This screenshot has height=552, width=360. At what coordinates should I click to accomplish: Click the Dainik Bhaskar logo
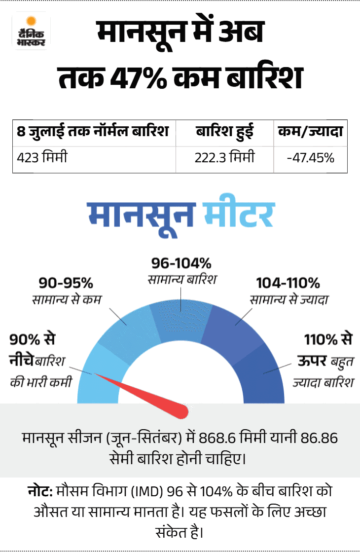[31, 32]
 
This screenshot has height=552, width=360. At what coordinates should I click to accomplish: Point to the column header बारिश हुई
[224, 132]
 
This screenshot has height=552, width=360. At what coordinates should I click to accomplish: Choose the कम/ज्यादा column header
[310, 131]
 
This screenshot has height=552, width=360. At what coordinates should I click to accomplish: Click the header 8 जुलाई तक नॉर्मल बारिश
[93, 131]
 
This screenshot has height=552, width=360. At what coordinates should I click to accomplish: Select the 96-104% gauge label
[181, 263]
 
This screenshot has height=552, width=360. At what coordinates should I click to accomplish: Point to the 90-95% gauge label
[66, 283]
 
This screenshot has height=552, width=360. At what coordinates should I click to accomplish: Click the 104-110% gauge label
[288, 283]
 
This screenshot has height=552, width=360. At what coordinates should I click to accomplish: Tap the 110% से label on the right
[328, 339]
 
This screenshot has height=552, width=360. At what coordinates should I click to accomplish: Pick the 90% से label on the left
[33, 339]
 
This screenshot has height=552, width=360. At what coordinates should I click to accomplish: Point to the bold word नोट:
[40, 491]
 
